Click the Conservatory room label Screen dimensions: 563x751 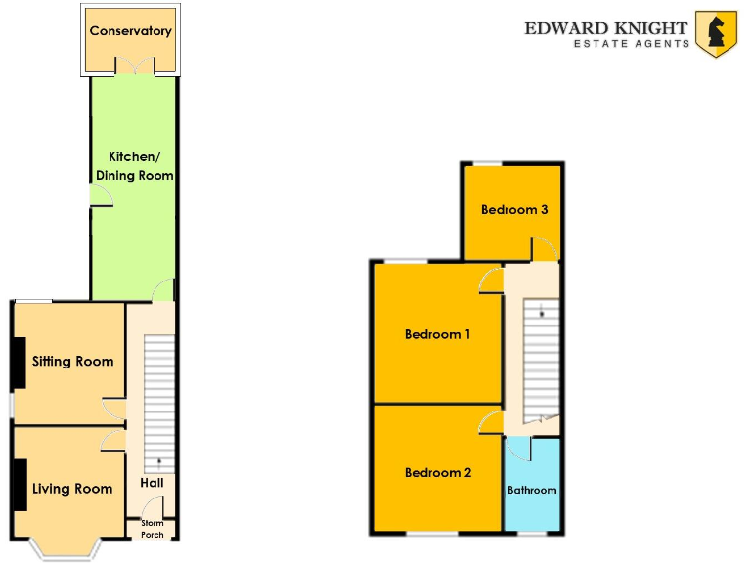point(130,31)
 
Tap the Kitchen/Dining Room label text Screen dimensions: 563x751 point(134,166)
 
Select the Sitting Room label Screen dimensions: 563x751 point(72,362)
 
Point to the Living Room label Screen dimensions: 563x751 point(72,489)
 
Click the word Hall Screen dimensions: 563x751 point(152,483)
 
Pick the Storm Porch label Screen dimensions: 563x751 point(152,529)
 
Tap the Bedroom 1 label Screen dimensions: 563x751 point(438,334)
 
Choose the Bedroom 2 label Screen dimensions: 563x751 point(438,473)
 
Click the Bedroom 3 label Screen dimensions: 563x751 point(513,210)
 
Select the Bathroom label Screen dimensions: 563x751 point(532,490)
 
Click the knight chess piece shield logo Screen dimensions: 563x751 point(716,35)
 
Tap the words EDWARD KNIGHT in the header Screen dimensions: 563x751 point(605,28)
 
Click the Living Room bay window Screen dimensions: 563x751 point(66,550)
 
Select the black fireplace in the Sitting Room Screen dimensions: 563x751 point(19,362)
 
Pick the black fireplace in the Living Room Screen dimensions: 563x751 point(19,485)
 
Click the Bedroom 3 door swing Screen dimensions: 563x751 point(544,248)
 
